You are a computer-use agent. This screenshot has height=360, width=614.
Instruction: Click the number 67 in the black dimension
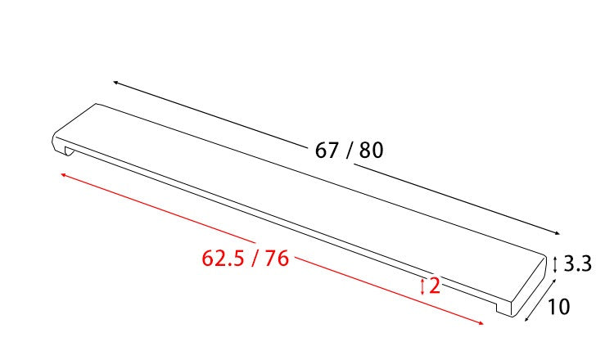point(327,150)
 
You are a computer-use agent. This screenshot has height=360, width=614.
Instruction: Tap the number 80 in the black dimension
point(371,150)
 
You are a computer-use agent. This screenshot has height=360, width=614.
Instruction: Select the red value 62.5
point(223,259)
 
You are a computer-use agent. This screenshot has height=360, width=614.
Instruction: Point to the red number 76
point(277,259)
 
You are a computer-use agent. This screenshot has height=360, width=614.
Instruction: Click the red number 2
point(435,286)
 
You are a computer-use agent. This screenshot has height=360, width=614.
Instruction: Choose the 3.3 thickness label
point(578,263)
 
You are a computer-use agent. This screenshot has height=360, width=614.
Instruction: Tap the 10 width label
point(558,307)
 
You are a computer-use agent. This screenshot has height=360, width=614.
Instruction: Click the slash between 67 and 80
point(349,151)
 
